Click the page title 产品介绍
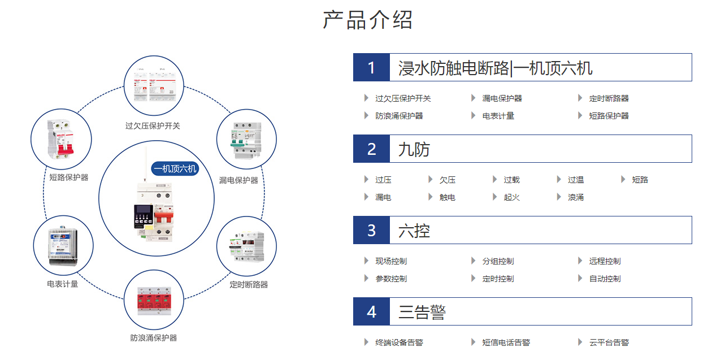368,20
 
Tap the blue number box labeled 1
371,68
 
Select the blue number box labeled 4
371,312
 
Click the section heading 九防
414,149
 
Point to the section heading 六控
414,231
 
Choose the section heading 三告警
422,312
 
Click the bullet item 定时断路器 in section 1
609,98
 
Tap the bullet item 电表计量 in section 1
498,116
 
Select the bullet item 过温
576,180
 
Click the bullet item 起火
511,197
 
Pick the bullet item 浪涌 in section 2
576,197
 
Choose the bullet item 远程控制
605,261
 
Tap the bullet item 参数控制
391,279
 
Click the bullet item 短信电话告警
506,342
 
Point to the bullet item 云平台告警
609,342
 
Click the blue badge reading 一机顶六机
175,168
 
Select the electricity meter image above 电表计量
63,246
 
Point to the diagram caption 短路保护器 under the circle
69,177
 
